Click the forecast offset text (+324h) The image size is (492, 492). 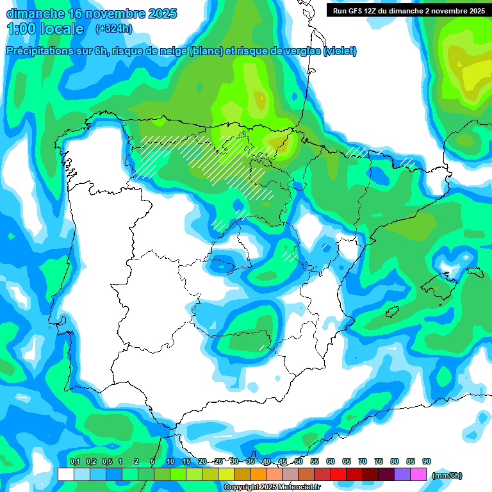click(x=113, y=28)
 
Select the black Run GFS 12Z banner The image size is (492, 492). click(x=406, y=10)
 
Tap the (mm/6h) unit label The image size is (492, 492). click(x=447, y=475)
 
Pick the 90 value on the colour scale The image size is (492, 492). click(x=427, y=461)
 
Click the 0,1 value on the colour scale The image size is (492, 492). click(x=75, y=461)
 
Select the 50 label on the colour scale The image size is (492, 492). click(x=299, y=461)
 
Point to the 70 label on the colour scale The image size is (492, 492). click(x=363, y=461)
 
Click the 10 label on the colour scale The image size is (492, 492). click(x=170, y=461)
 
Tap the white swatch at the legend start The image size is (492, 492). click(x=65, y=474)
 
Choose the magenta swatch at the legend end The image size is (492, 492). click(x=418, y=474)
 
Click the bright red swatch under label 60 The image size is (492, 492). click(x=338, y=474)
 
